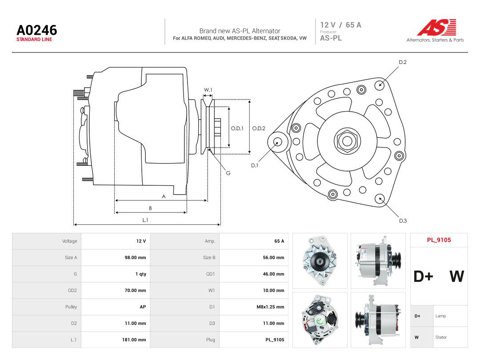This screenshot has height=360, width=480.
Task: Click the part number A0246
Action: [x=37, y=30]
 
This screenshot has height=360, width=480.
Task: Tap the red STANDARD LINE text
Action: [x=34, y=40]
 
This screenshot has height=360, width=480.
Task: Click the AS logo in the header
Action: [x=437, y=27]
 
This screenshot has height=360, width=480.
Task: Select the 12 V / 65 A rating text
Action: [x=341, y=25]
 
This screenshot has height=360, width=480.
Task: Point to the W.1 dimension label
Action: [x=208, y=90]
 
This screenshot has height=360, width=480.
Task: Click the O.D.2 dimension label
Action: [x=259, y=128]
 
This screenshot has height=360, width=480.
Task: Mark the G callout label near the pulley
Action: [x=228, y=173]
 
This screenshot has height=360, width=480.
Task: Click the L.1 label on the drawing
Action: [x=145, y=220]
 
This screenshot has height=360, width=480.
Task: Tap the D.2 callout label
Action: [x=403, y=62]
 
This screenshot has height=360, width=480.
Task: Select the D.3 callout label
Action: [x=403, y=221]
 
